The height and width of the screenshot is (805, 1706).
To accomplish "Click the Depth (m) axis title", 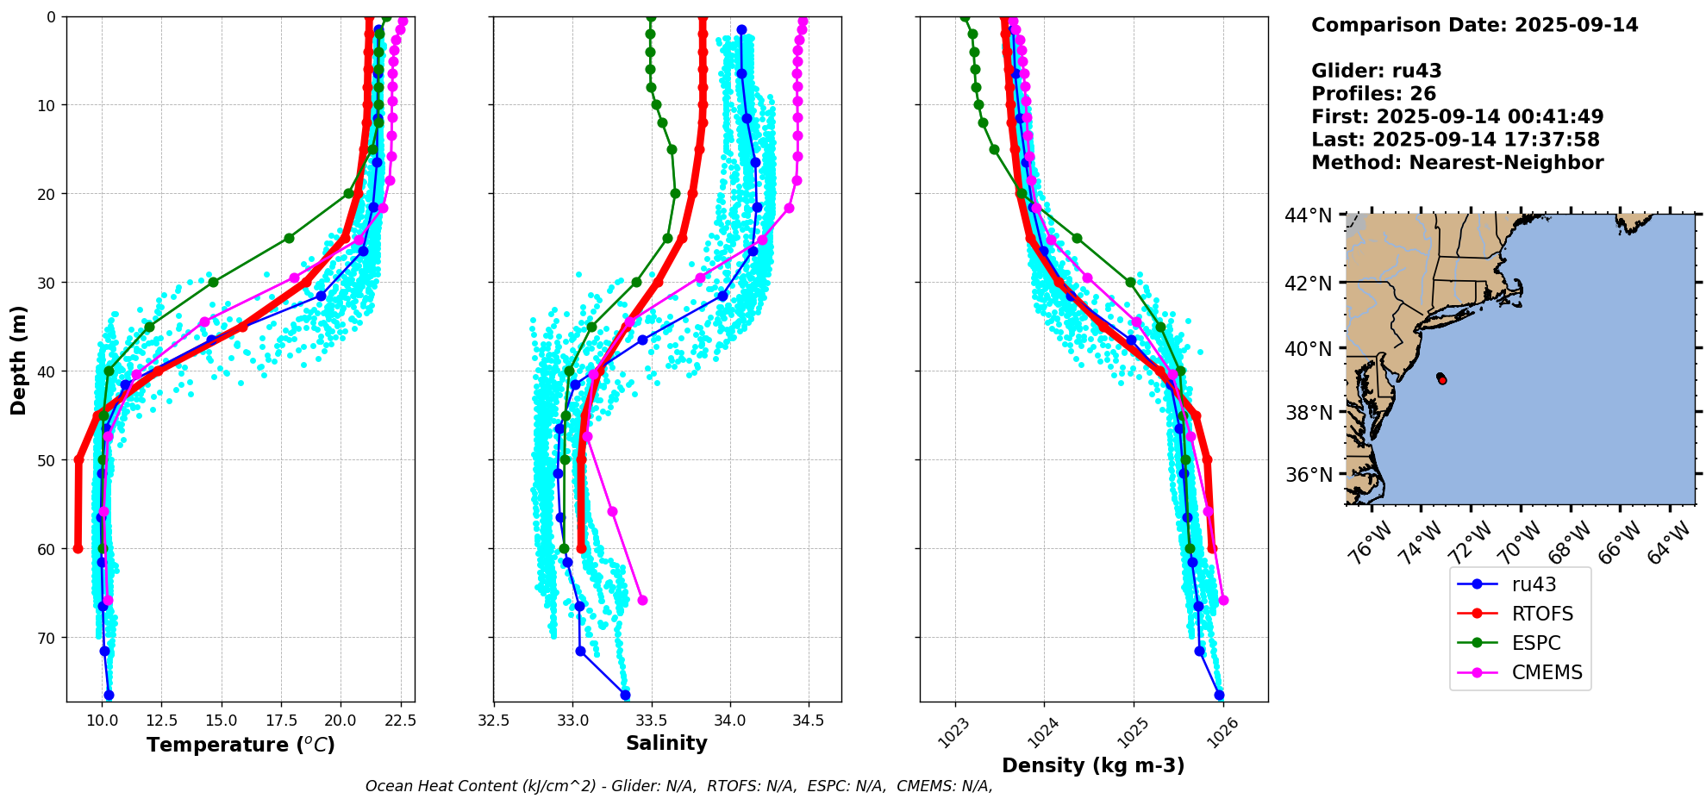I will click(x=19, y=359).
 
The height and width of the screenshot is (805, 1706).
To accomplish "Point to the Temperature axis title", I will click(x=241, y=745).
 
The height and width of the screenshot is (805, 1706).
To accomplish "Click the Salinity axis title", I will click(x=666, y=743).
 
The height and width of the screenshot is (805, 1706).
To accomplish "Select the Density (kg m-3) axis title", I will click(x=1093, y=765).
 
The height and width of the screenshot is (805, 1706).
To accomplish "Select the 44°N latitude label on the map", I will click(x=1309, y=215).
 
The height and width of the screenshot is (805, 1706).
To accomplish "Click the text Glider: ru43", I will click(x=1376, y=71).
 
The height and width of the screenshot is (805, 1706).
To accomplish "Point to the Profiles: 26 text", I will click(x=1373, y=94).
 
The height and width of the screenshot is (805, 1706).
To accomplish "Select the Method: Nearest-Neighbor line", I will click(x=1457, y=163).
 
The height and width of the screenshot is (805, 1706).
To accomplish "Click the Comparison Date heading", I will click(x=1474, y=25).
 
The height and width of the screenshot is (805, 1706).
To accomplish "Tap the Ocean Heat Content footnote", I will click(x=678, y=786).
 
